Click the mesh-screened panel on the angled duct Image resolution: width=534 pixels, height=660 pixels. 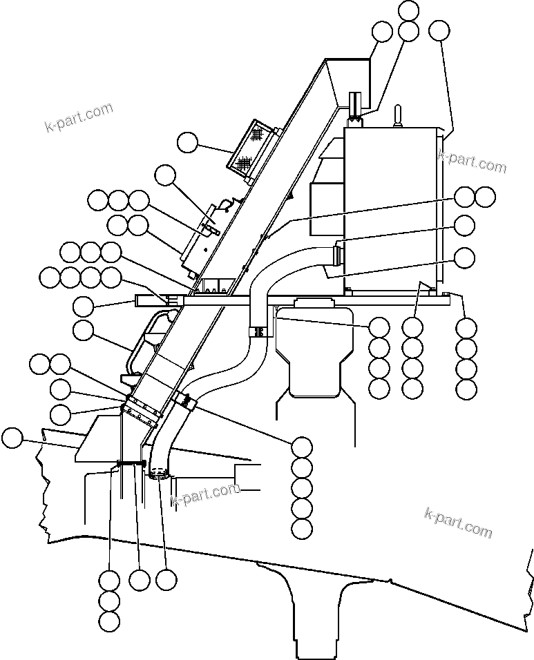tap(251, 148)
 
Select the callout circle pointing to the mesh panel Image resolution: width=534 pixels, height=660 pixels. tap(187, 143)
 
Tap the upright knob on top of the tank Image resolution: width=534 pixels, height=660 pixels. tap(397, 117)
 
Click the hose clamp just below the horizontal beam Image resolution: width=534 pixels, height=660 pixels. tap(258, 333)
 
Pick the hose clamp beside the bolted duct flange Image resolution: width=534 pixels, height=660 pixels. tap(184, 399)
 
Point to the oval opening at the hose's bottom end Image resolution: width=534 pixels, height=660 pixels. tap(158, 474)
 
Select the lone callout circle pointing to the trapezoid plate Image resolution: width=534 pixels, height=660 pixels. tap(12, 437)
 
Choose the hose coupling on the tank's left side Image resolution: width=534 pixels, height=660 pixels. tap(338, 255)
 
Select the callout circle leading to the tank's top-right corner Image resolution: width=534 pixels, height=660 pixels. tap(439, 30)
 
